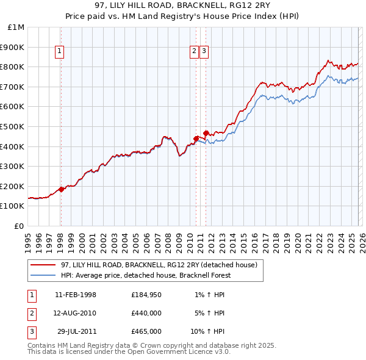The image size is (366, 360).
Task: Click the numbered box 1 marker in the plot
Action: click(60, 52)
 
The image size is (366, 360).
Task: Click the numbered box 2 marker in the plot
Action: click(194, 52)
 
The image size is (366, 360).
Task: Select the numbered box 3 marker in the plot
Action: click(203, 52)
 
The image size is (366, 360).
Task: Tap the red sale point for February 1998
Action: click(62, 189)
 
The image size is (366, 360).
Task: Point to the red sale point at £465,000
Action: click(206, 133)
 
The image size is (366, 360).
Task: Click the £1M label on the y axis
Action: click(17, 27)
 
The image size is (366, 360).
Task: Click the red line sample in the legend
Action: click(43, 265)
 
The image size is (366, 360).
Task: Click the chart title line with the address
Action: click(183, 7)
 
